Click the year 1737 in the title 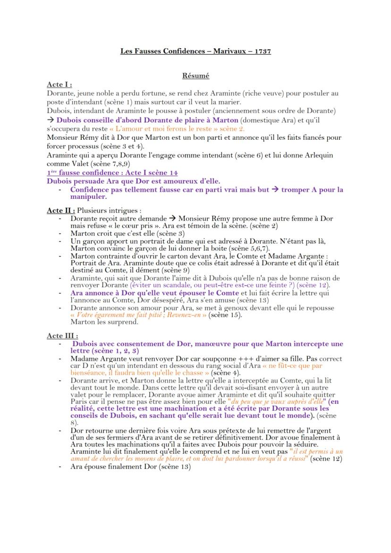pos(262,51)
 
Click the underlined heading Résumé pos(195,75)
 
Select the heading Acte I pos(59,85)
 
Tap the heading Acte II pos(60,210)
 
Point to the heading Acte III pos(62,335)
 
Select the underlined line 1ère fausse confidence pos(112,172)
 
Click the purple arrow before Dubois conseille pos(51,120)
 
